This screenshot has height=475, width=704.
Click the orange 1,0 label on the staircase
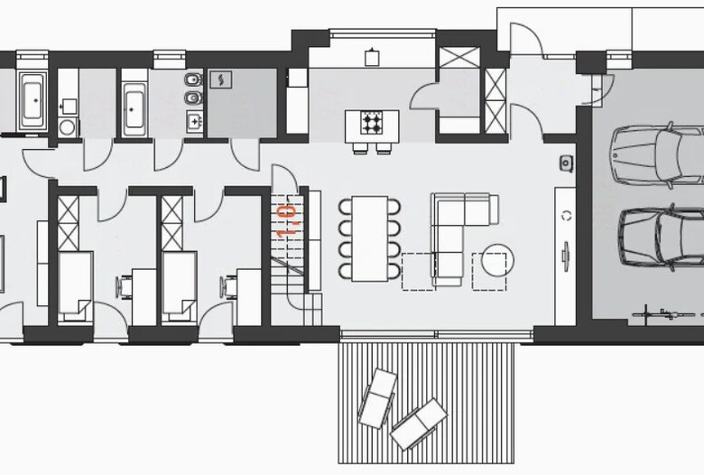287,221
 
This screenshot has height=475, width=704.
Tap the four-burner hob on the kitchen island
372,123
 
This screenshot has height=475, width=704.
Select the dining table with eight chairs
369,238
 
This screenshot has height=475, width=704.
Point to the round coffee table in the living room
497,260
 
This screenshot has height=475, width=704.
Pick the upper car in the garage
658,155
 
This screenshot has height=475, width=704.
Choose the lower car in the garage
661,237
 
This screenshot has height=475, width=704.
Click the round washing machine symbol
67,127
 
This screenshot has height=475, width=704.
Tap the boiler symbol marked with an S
221,79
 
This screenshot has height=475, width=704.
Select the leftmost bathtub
32,100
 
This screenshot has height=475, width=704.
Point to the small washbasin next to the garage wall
567,163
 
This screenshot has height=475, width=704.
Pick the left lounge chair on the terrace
377,398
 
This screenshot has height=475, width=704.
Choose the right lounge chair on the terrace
419,424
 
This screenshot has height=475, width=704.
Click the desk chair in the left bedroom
125,286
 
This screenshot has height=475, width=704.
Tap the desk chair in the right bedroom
228,286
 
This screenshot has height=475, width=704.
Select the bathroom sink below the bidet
194,121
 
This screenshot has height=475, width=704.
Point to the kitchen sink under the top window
372,57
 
